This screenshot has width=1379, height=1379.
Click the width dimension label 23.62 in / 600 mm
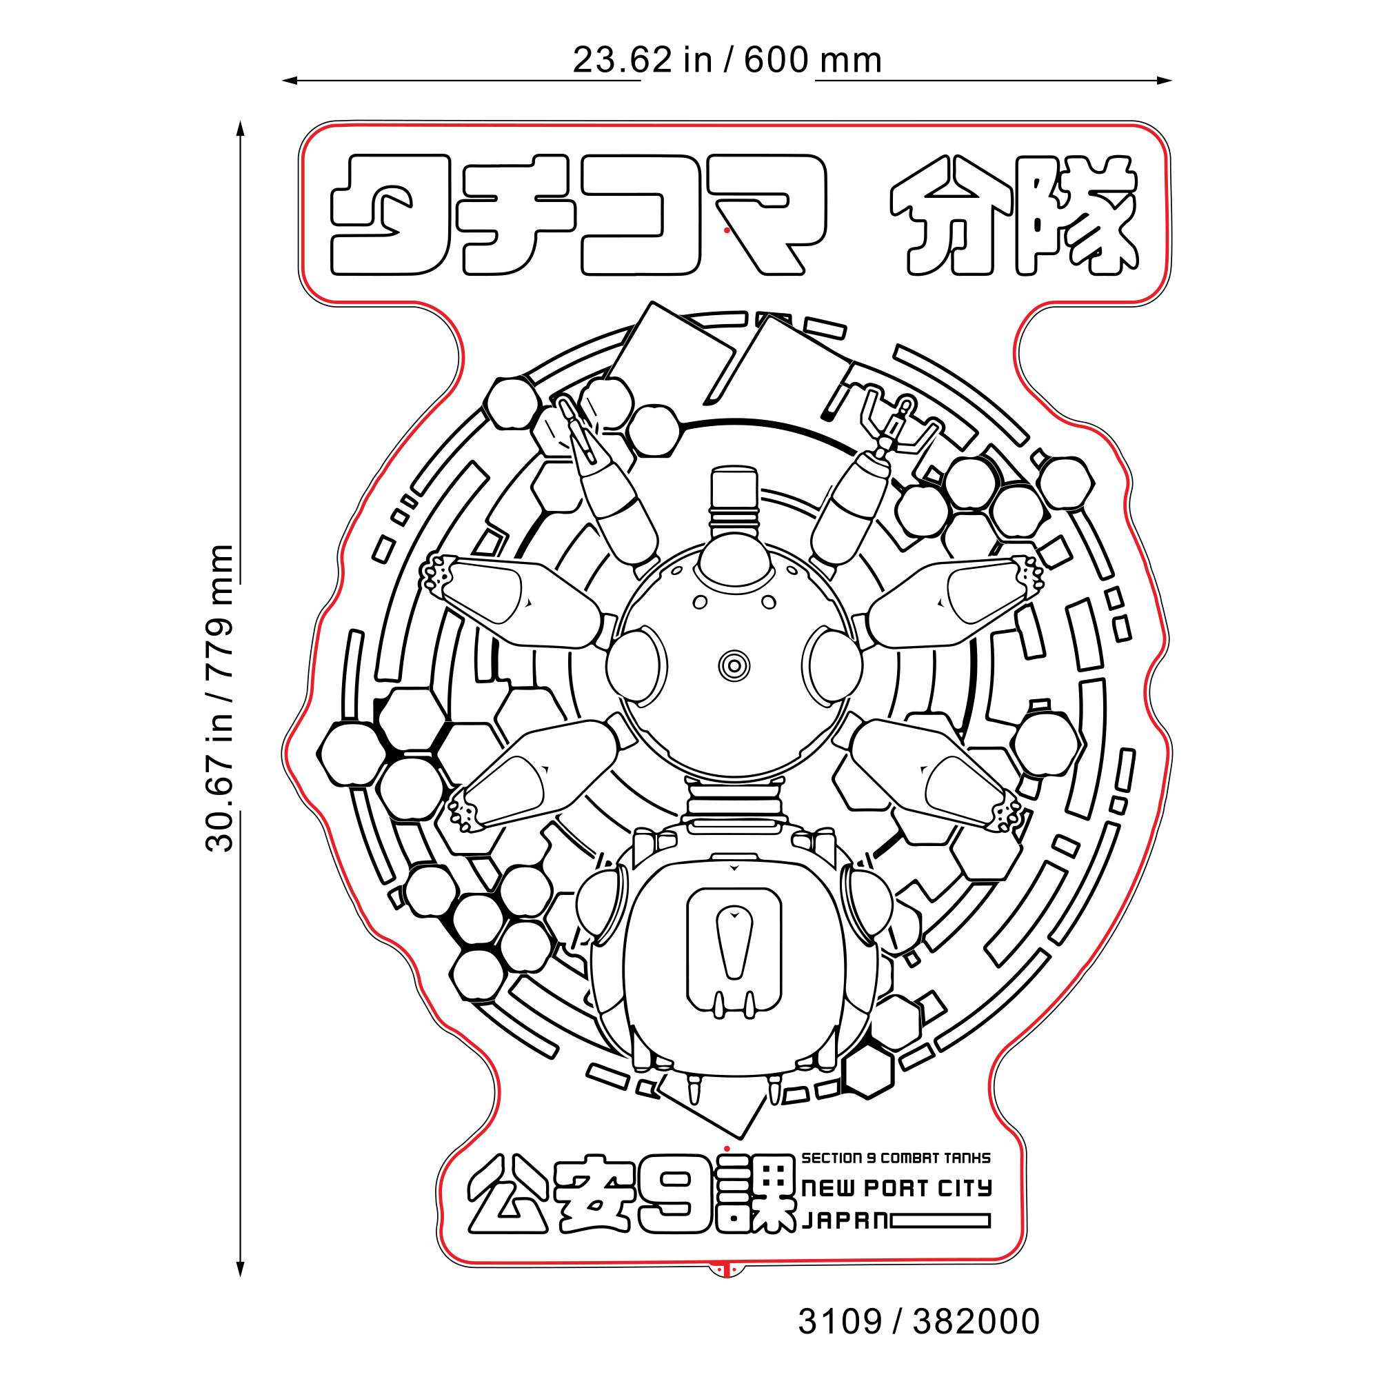727,60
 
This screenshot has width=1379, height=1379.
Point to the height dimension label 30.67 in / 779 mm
219,698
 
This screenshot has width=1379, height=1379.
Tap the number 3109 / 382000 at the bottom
918,1322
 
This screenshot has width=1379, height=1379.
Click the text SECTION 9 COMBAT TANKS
896,1158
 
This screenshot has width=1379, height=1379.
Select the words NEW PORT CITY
896,1188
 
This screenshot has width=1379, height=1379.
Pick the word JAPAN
845,1220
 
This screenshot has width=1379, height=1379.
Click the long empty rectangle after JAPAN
940,1221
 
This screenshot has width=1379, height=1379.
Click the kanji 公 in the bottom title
508,1204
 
